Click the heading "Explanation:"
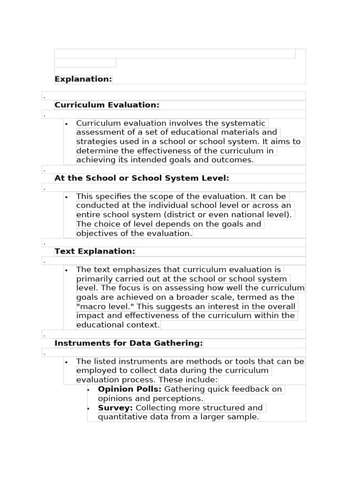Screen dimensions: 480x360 pyautogui.click(x=83, y=79)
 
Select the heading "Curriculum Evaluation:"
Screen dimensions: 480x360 pyautogui.click(x=107, y=105)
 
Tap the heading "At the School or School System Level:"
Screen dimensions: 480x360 pyautogui.click(x=142, y=178)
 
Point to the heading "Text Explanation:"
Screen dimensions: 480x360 pyautogui.click(x=95, y=251)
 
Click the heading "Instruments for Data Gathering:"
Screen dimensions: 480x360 pyautogui.click(x=128, y=343)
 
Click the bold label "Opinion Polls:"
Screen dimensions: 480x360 pyautogui.click(x=129, y=389)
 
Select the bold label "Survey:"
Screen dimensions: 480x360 pyautogui.click(x=115, y=408)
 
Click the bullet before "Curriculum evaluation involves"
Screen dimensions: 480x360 pyautogui.click(x=67, y=124)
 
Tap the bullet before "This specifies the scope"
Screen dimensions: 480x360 pyautogui.click(x=67, y=197)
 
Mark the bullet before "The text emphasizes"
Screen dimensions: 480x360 pyautogui.click(x=67, y=270)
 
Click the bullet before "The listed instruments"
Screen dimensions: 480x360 pyautogui.click(x=67, y=362)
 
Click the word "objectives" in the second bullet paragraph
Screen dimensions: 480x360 pyautogui.click(x=95, y=233)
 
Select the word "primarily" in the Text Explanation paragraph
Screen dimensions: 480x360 pyautogui.click(x=94, y=279)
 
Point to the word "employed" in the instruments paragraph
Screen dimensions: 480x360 pyautogui.click(x=96, y=370)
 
